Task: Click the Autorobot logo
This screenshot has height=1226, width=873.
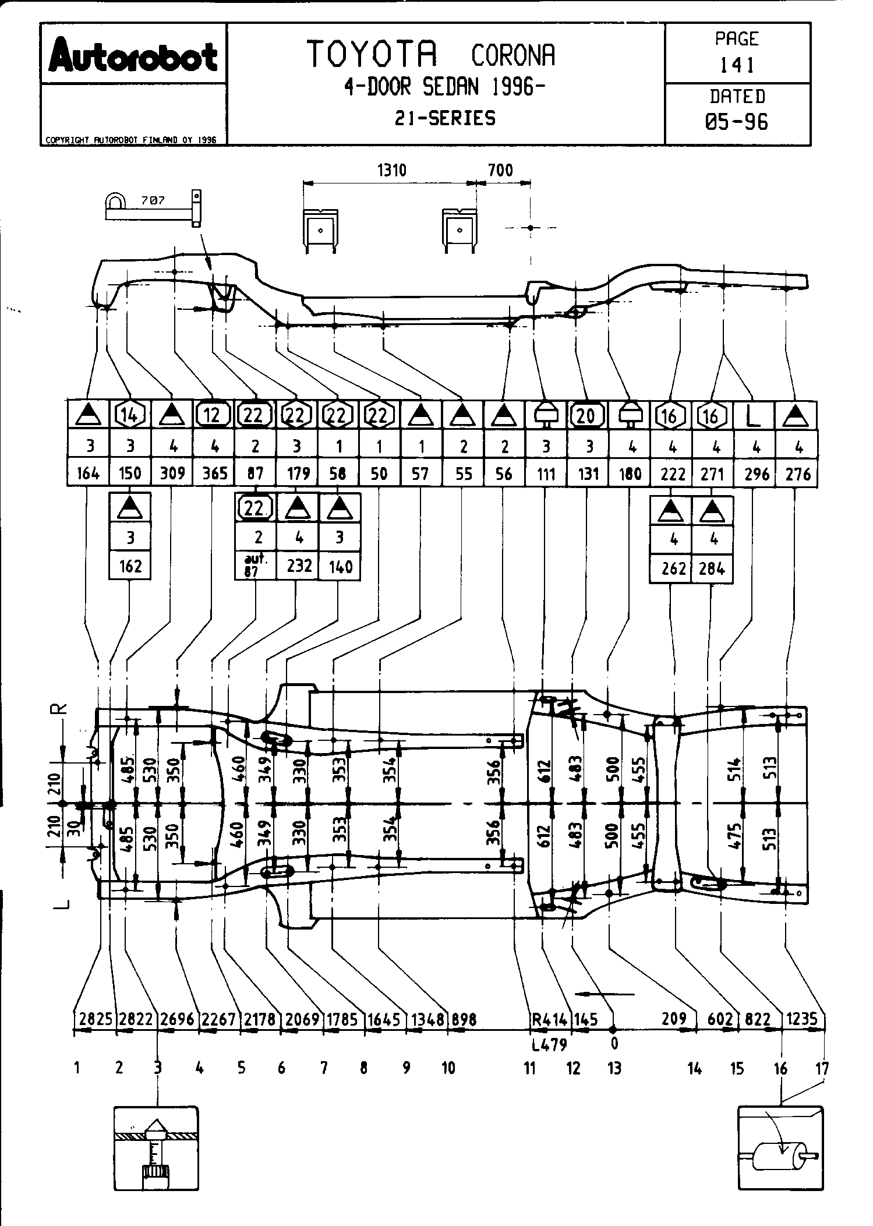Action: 133,55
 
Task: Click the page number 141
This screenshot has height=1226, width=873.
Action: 737,64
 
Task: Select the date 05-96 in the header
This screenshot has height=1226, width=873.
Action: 737,121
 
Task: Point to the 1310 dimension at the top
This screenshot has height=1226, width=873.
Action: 391,170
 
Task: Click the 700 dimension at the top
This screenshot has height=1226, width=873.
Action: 500,170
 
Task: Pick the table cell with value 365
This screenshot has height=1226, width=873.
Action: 214,473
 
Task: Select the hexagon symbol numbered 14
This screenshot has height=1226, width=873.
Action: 130,415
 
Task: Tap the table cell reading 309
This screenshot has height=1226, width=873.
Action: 172,473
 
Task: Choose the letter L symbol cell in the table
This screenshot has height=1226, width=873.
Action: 754,415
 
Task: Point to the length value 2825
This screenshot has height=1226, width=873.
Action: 96,1019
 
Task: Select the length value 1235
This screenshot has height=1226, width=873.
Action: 802,1019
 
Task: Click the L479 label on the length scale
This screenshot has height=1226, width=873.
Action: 549,1044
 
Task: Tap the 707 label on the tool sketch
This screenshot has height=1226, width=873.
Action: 153,200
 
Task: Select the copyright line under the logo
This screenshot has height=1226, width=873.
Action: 131,140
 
